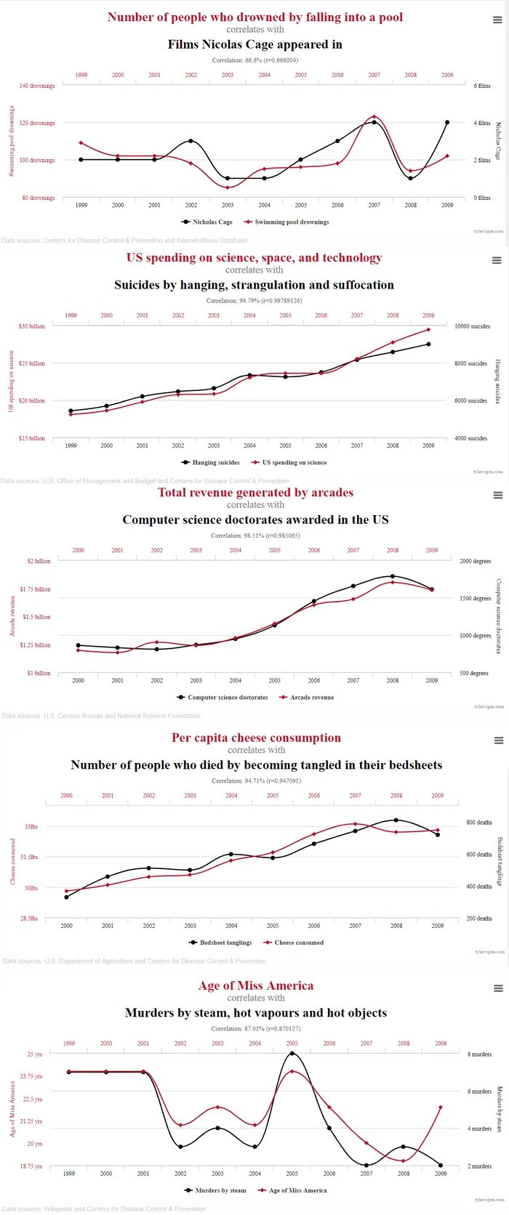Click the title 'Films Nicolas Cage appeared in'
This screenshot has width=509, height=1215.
(x=254, y=44)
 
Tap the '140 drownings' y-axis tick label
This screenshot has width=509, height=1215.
(x=37, y=86)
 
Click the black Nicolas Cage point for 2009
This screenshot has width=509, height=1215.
(x=447, y=122)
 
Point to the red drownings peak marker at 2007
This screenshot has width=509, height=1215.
(x=374, y=116)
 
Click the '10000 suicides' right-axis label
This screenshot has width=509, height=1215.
(x=472, y=326)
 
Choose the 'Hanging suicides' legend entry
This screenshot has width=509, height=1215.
(x=215, y=462)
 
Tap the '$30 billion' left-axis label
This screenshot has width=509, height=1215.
(x=32, y=326)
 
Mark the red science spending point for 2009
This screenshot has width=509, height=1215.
(x=428, y=329)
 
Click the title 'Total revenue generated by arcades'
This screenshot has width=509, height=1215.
(x=255, y=493)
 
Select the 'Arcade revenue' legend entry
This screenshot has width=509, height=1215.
(x=312, y=698)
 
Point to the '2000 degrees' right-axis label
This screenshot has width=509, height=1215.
(x=476, y=561)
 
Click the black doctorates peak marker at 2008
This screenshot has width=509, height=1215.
(x=393, y=576)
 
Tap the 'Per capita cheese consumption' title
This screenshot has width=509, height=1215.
(x=256, y=738)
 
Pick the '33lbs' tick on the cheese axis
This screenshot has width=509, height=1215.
(x=31, y=827)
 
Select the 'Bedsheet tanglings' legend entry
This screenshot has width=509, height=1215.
(x=225, y=942)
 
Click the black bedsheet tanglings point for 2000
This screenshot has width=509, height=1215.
(x=66, y=897)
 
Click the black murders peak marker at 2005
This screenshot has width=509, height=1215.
(x=292, y=1053)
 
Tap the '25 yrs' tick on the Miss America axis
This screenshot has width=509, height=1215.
(x=35, y=1054)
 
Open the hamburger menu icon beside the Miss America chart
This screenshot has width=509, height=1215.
(x=499, y=988)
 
